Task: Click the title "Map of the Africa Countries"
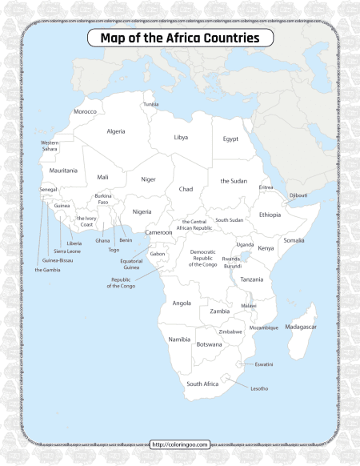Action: tap(180, 38)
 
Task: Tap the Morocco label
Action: tap(85, 112)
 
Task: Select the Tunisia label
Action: tap(151, 104)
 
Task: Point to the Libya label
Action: tap(181, 138)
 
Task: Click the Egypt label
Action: tap(230, 139)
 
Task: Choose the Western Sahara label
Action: tap(50, 146)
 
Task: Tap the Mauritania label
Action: tap(63, 171)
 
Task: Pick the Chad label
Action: tap(186, 189)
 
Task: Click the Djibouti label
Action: tap(298, 195)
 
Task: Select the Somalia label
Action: tap(294, 240)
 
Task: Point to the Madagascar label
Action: tap(302, 327)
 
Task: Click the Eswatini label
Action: tap(264, 364)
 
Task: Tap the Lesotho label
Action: tap(259, 388)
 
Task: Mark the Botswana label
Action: tap(209, 344)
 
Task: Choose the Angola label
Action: tap(182, 303)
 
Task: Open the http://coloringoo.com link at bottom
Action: tap(180, 444)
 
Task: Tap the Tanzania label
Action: tap(251, 279)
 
